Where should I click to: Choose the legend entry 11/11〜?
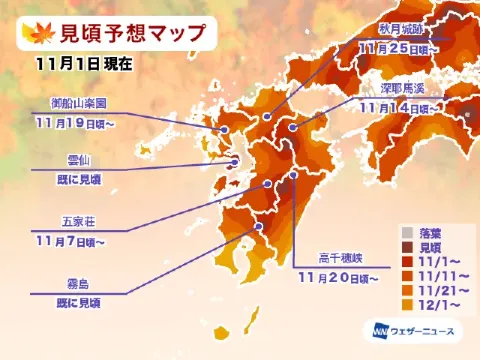[443, 271]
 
